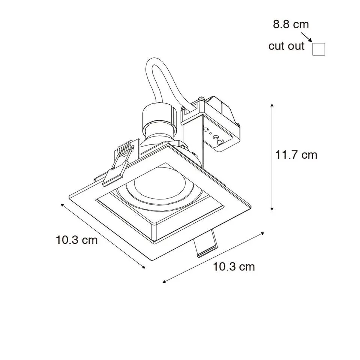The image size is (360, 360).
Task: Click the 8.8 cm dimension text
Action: (291, 24)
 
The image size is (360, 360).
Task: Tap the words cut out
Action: (286, 46)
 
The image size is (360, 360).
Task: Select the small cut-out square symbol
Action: (319, 49)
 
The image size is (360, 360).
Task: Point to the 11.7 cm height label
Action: (296, 155)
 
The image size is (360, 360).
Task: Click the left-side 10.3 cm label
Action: (76, 240)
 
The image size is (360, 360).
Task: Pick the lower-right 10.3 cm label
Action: (234, 267)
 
